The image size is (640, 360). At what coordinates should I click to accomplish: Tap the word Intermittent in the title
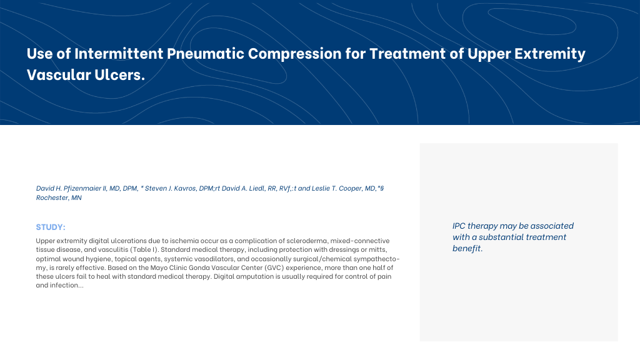(119, 54)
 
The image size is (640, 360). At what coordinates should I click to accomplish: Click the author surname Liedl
(257, 188)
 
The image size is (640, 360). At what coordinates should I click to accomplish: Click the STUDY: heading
(51, 227)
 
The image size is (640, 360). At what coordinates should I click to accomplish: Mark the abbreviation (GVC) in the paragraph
(274, 267)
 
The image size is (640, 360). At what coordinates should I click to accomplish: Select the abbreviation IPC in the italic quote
(459, 226)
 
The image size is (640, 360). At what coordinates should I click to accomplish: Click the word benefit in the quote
(466, 248)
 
